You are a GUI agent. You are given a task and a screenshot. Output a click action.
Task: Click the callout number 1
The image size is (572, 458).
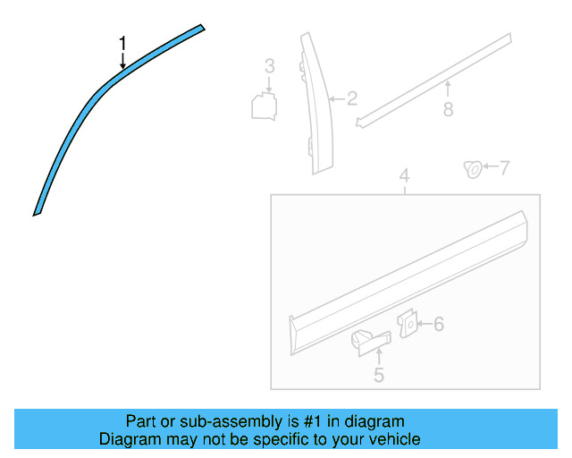123,43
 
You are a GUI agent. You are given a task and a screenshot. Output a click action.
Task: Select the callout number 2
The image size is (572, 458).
352,98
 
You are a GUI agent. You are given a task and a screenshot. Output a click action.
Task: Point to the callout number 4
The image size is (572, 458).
404,176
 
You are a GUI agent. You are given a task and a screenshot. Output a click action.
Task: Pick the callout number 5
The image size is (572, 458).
378,376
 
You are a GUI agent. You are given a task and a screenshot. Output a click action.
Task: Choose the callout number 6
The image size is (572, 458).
439,324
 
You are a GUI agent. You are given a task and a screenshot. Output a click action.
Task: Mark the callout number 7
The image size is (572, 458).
504,167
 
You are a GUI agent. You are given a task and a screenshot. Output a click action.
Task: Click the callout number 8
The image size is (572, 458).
448,109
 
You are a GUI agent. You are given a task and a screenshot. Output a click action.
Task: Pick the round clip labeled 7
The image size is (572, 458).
470,168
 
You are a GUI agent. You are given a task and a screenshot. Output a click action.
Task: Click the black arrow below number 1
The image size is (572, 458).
123,61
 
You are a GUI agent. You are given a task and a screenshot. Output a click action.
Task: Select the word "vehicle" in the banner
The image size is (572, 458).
393,439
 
